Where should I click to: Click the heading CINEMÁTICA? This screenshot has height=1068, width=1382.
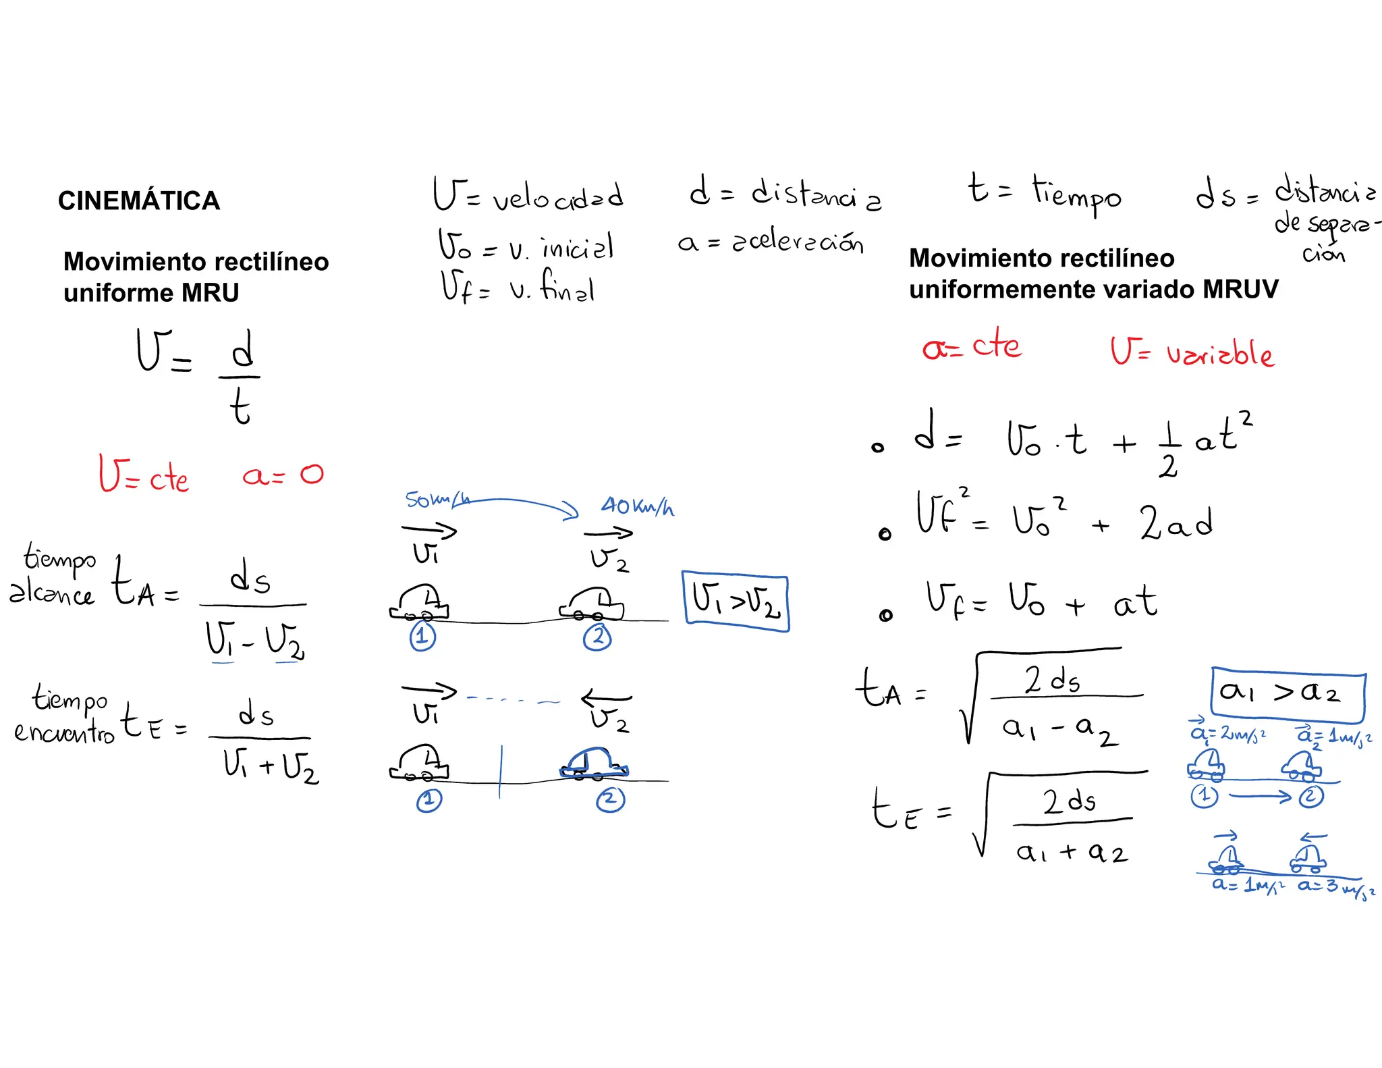tap(139, 201)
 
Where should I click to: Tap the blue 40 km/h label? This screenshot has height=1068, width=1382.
tap(637, 506)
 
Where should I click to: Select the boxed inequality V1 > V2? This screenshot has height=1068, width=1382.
tap(736, 602)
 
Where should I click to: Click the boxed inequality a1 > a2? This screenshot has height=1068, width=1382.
tap(1288, 693)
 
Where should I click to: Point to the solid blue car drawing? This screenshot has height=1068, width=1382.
tap(594, 763)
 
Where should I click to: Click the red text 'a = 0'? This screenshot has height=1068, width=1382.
tap(283, 475)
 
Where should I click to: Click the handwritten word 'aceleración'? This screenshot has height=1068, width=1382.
tap(798, 242)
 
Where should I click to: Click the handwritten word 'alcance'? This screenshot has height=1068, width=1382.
tap(51, 593)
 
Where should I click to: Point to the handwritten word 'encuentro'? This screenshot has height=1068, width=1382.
tap(64, 732)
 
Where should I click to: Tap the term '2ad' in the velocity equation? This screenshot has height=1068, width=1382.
tap(1176, 523)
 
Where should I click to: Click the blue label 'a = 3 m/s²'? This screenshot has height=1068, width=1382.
tap(1335, 887)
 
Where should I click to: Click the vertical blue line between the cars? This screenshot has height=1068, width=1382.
tap(500, 772)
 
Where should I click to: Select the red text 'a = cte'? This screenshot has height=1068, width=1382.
tap(971, 347)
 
